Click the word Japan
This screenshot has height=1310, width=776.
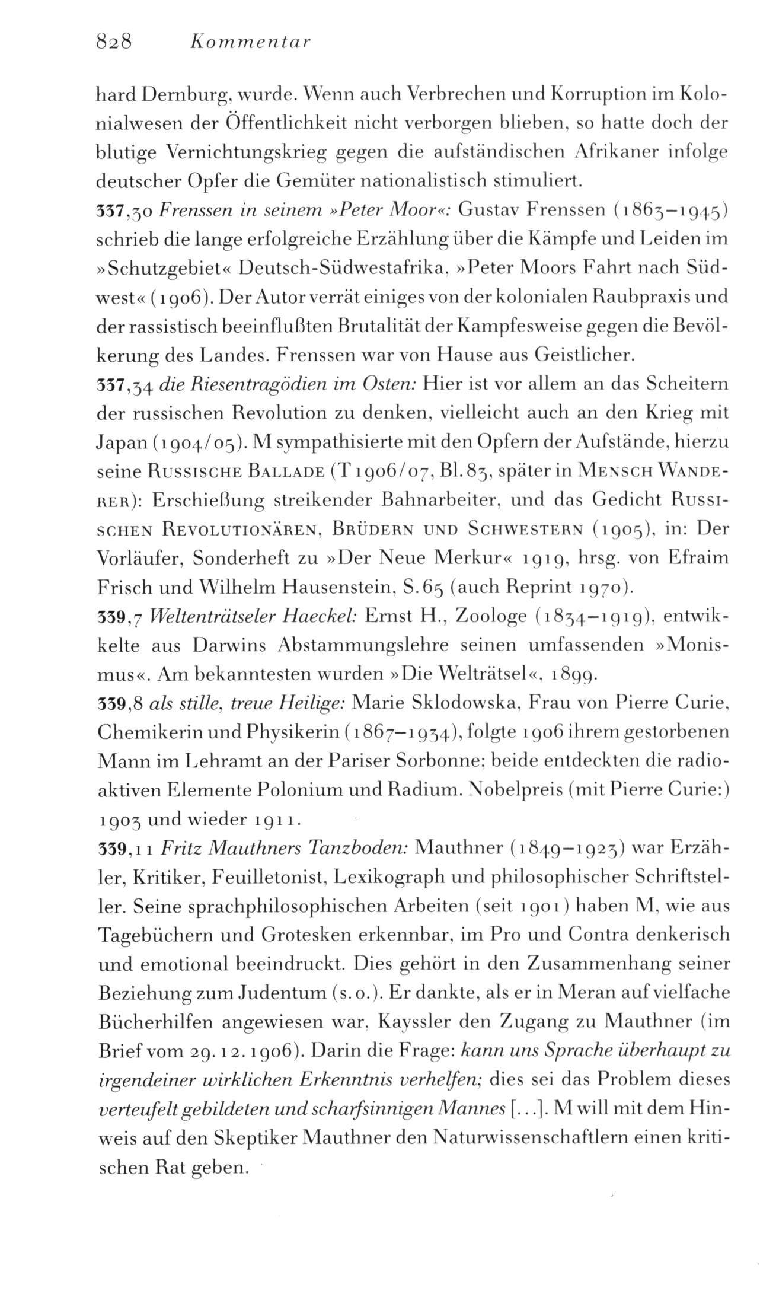(x=122, y=441)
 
